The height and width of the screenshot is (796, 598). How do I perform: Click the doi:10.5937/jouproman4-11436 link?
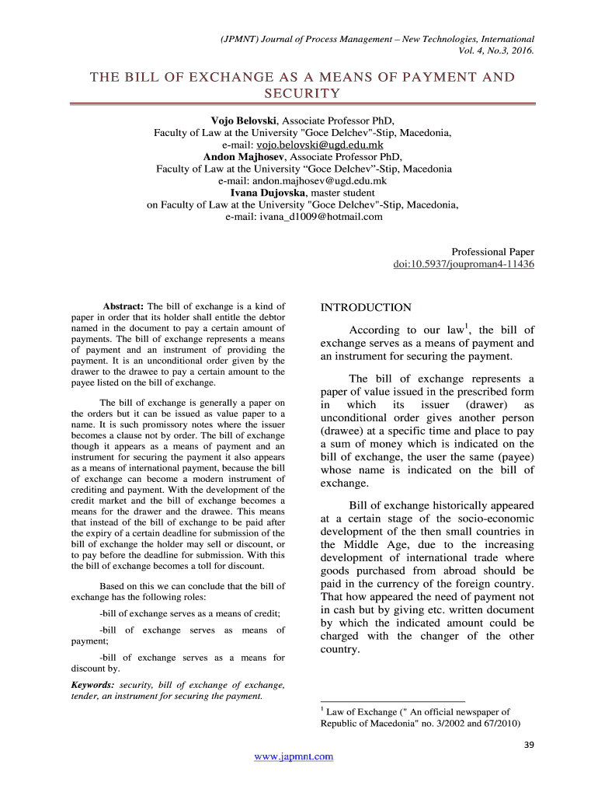coord(464,264)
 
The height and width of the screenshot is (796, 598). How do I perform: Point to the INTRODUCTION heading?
coord(366,308)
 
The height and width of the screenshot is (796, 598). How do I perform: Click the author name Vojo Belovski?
coord(245,121)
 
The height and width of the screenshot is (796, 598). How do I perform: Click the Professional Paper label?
coord(492,252)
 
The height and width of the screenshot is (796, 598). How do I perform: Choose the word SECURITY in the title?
coord(302,94)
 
